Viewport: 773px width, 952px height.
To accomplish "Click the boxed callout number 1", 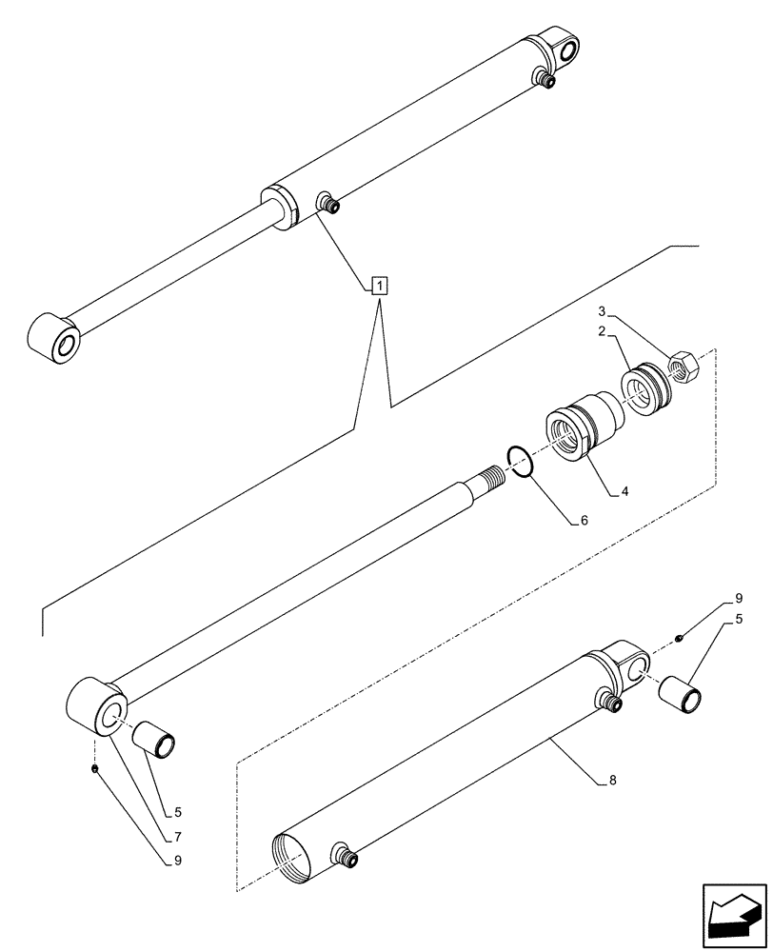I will (x=379, y=285).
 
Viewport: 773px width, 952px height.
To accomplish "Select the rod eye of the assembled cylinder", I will (x=56, y=340).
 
